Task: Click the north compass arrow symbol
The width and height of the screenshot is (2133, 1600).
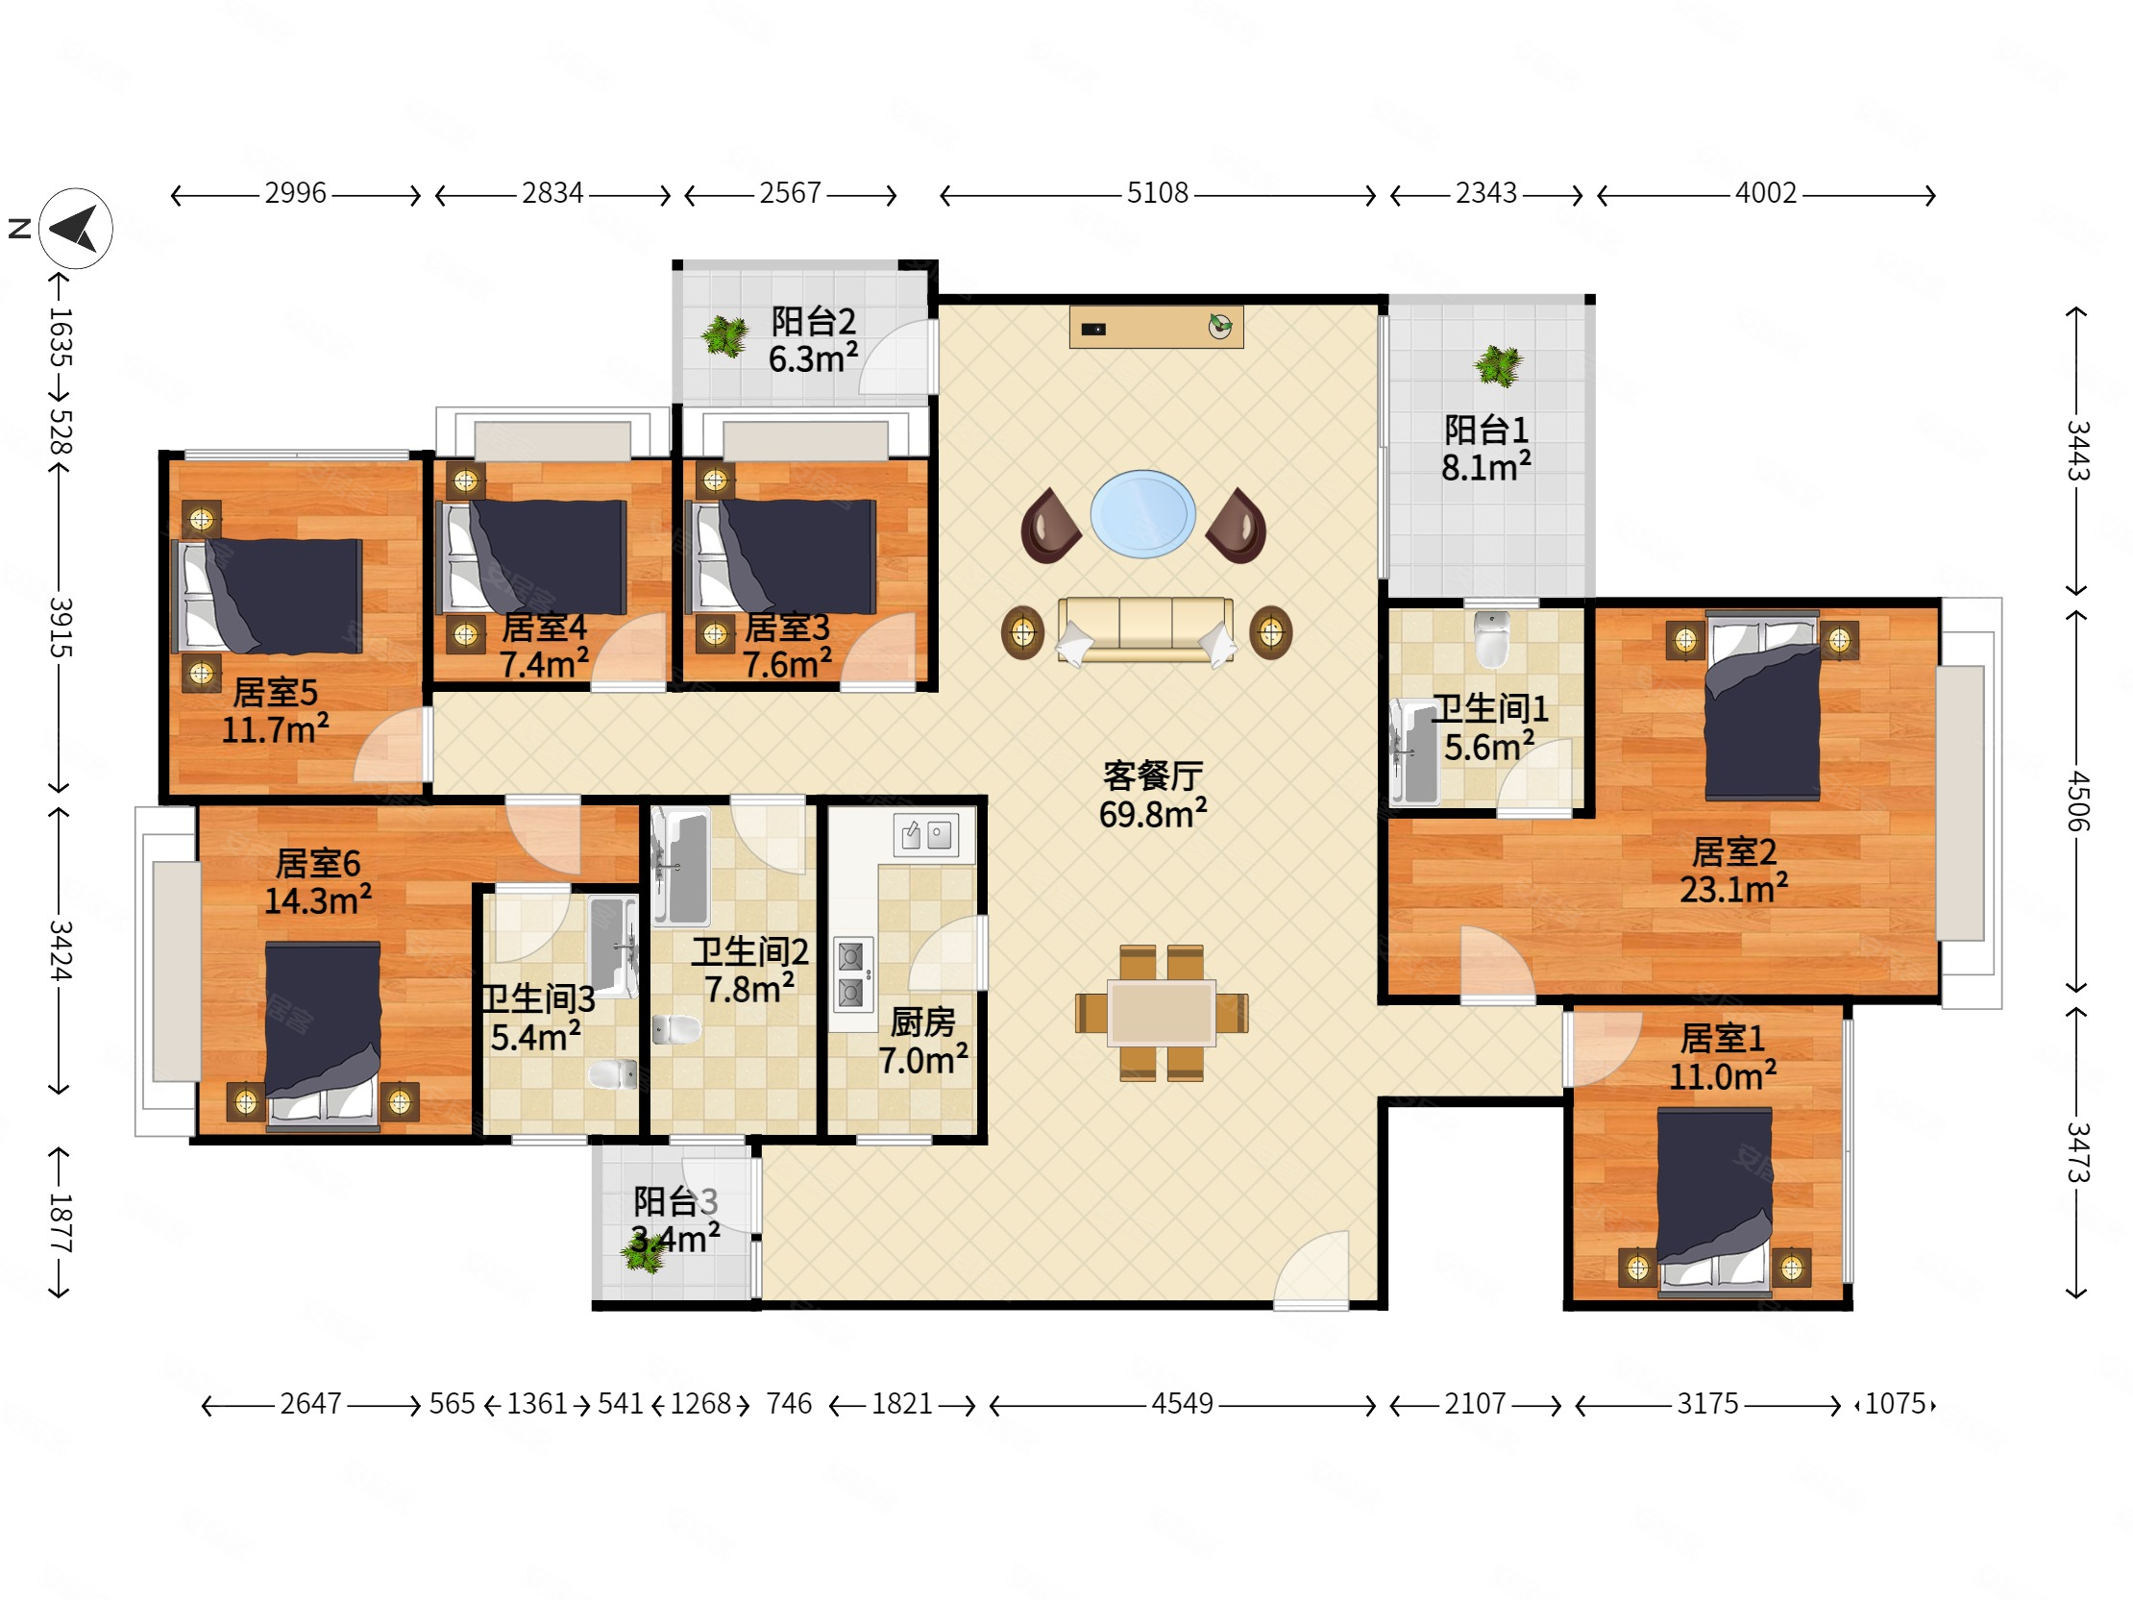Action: (76, 229)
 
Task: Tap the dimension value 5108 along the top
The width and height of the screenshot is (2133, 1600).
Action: (1157, 193)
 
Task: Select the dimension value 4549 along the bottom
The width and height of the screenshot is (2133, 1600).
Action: (1182, 1403)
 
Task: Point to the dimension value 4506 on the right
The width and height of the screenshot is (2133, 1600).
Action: (2078, 800)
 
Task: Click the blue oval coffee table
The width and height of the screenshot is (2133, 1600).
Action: (1142, 514)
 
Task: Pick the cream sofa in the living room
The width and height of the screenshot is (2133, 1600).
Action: (1145, 629)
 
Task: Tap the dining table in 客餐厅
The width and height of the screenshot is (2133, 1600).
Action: (1161, 1013)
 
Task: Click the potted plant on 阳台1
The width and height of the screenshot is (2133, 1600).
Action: (1498, 365)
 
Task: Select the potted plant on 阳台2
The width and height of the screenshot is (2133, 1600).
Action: (724, 336)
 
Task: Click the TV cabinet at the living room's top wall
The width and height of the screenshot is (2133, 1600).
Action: (1156, 327)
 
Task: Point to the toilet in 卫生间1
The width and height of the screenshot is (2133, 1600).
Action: (1492, 638)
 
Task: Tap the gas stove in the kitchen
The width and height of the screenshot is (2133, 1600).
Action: (851, 973)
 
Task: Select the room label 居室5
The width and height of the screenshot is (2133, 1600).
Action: (275, 692)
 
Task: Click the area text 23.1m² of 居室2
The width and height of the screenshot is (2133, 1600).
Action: (1734, 888)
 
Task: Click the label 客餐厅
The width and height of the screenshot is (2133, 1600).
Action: (1153, 775)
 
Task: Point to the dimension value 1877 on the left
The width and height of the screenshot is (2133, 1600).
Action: (60, 1222)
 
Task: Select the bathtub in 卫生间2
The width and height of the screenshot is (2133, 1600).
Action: (681, 867)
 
